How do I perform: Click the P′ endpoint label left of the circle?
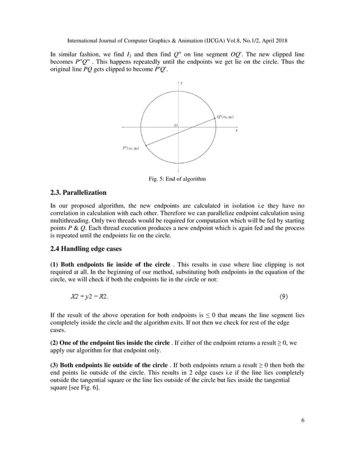pos(131,148)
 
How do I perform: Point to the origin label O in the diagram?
pos(175,125)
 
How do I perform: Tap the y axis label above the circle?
pos(181,83)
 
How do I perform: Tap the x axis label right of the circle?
pos(236,130)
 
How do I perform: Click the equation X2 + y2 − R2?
pos(89,295)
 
